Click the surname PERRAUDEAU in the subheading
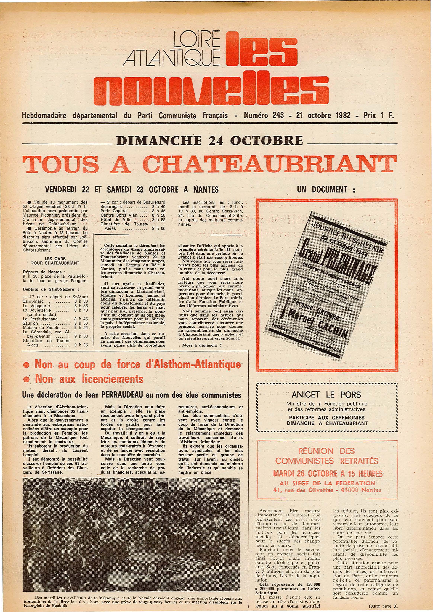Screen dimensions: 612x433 [123, 395]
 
